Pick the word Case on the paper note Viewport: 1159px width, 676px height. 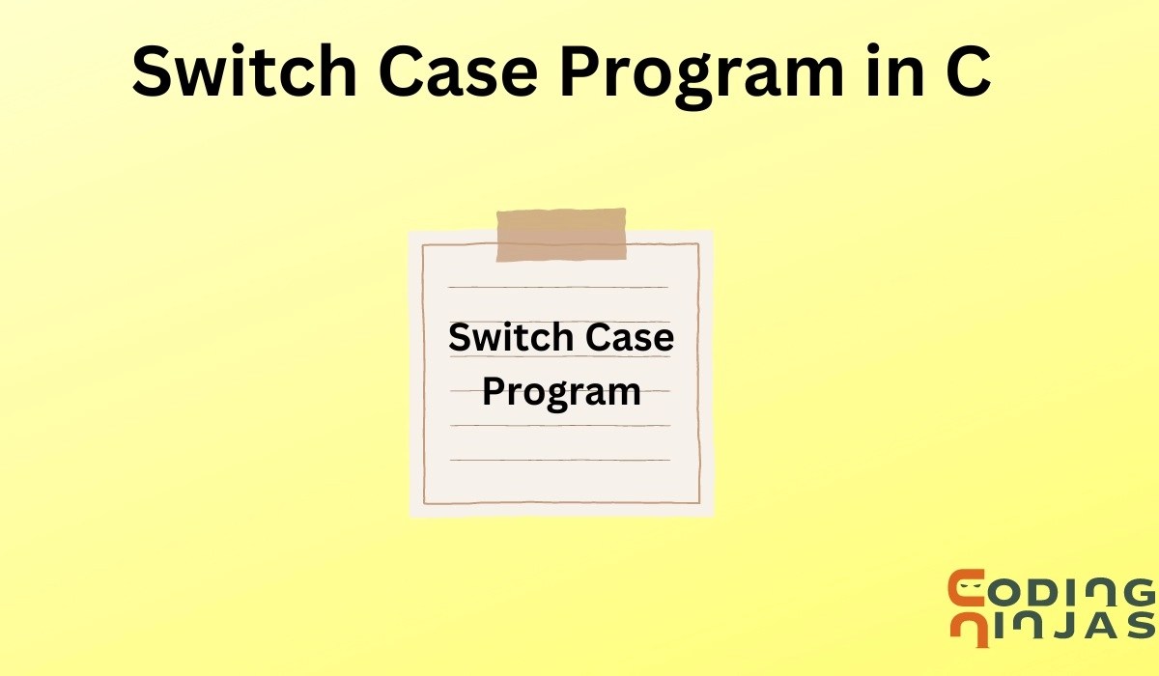point(630,338)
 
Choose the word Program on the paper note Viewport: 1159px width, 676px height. point(561,393)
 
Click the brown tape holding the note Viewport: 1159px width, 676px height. point(561,235)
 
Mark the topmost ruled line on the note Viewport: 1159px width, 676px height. point(559,287)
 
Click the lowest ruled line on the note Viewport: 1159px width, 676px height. point(559,460)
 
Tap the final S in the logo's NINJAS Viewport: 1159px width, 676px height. point(1140,626)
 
